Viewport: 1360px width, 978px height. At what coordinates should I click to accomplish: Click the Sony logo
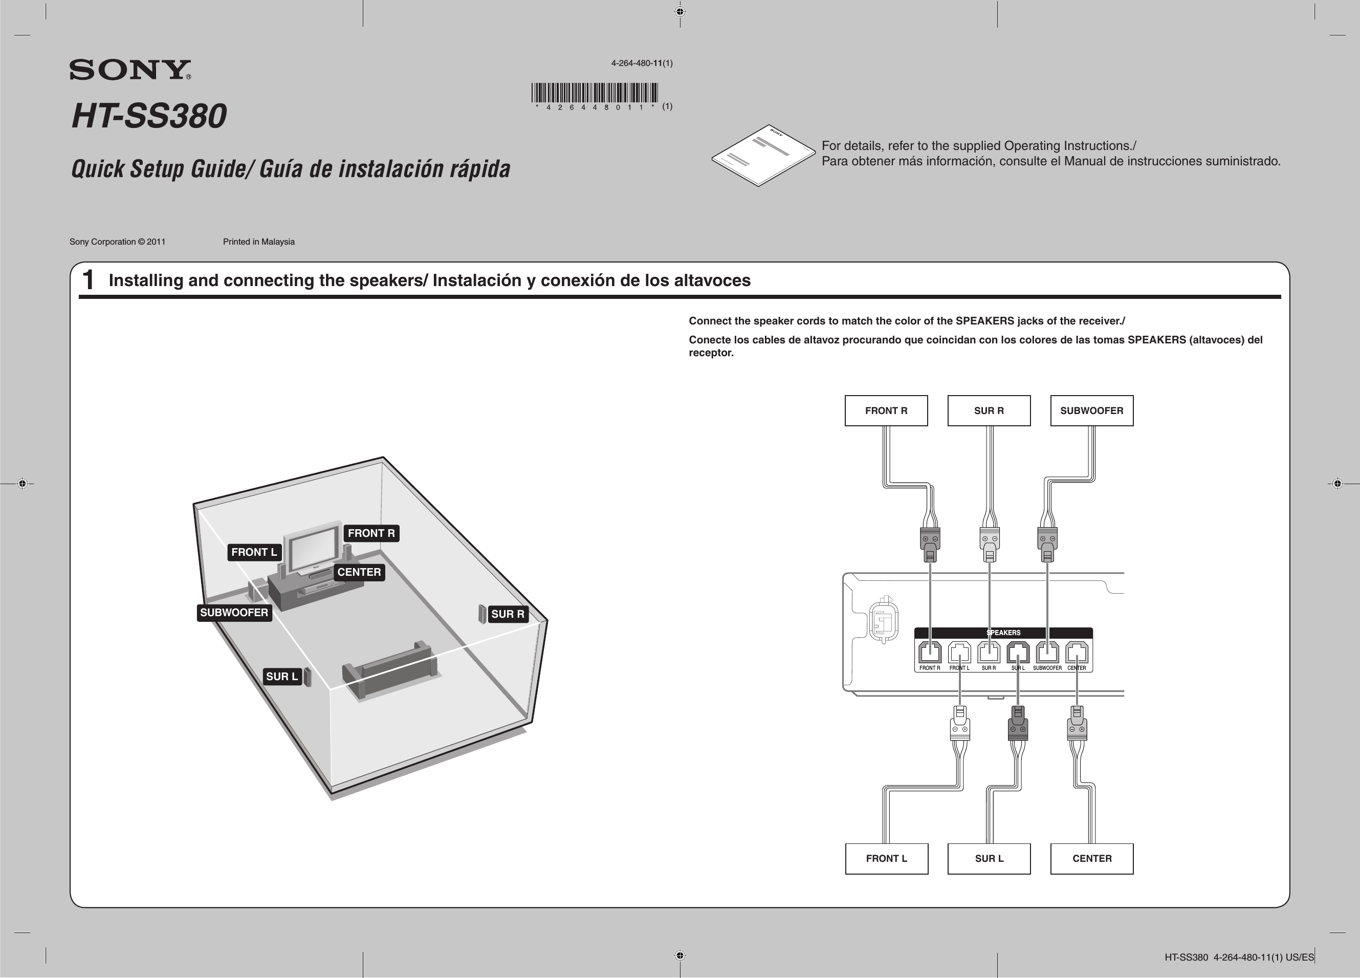tap(129, 70)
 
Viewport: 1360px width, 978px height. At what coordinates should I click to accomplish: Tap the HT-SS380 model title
tap(149, 116)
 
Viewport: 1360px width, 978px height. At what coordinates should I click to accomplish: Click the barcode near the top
tap(594, 93)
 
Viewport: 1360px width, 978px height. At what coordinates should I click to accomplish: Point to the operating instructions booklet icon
tap(763, 155)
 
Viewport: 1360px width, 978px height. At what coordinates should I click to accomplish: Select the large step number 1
tap(88, 280)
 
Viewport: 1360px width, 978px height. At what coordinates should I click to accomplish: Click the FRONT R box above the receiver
tap(886, 411)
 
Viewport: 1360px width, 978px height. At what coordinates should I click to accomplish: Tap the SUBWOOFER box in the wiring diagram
tap(1091, 411)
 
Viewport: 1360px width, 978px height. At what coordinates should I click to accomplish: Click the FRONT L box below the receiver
tap(886, 859)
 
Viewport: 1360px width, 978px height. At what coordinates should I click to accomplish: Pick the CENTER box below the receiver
tap(1091, 859)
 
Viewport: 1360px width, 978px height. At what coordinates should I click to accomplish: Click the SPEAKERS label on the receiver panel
tap(1003, 633)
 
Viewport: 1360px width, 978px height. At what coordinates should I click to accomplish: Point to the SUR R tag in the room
tap(507, 614)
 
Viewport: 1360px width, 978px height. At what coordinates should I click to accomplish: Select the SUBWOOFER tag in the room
tap(234, 613)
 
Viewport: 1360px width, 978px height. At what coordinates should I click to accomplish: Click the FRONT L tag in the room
tap(254, 552)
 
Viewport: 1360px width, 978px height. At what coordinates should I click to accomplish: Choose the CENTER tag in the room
tap(359, 572)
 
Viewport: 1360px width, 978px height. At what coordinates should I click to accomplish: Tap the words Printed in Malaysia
tap(258, 242)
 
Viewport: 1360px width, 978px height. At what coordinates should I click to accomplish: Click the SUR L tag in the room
tap(282, 677)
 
